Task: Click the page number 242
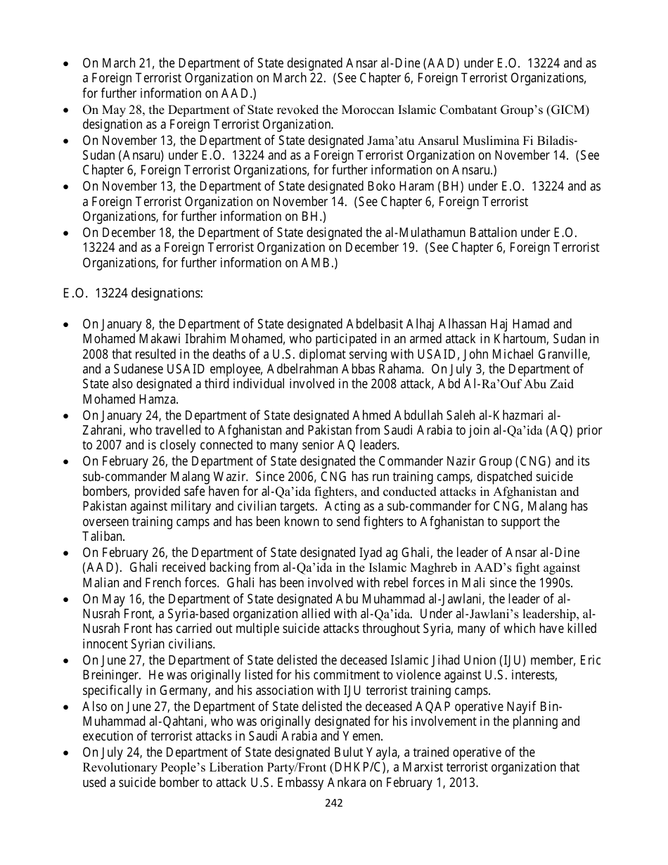pyautogui.click(x=333, y=803)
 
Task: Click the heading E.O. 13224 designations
pyautogui.click(x=133, y=293)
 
